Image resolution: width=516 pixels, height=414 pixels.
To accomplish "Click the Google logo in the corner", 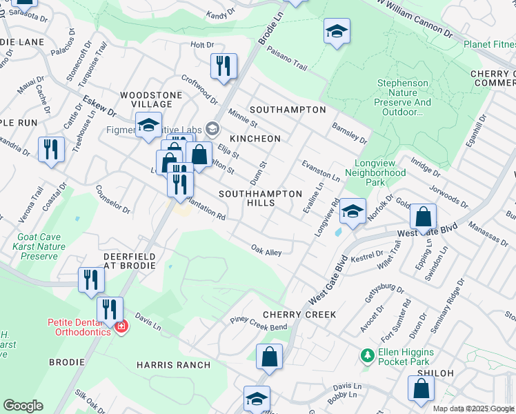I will click(23, 406).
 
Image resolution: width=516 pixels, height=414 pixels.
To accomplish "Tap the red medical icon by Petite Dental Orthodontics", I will click(121, 326).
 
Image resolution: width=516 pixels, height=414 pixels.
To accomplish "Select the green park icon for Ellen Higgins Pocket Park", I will click(367, 356).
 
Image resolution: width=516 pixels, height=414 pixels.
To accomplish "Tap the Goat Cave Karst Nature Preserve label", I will click(40, 246).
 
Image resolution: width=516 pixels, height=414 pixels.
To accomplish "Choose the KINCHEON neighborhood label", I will click(255, 139).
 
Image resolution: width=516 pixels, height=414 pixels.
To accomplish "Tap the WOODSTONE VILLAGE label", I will click(151, 99).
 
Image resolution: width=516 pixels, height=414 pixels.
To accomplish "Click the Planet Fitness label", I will click(489, 45).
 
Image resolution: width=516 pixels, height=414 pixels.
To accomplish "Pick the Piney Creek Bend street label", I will click(258, 322).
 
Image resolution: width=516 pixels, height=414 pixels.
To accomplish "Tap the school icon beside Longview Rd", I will click(353, 211).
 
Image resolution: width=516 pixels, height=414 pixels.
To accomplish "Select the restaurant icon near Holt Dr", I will click(224, 66).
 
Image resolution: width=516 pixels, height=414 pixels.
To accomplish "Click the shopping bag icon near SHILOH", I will click(421, 388).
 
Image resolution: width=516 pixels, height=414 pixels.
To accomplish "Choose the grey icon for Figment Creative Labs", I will click(212, 127).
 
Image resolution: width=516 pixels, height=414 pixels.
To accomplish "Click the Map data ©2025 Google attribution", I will click(473, 408).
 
